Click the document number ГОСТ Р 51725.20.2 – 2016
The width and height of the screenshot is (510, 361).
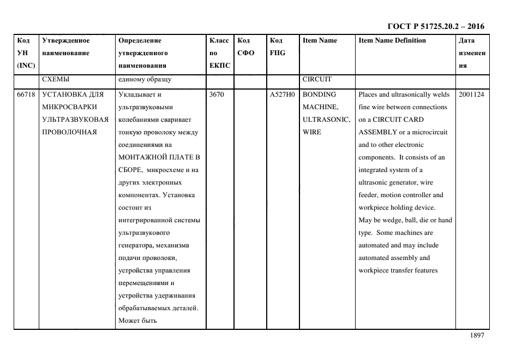click(435, 26)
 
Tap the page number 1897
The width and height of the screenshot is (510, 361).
click(477, 336)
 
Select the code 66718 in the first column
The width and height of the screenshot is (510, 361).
click(26, 94)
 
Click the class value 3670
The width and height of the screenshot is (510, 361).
click(217, 94)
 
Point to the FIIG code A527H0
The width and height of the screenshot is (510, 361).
click(281, 94)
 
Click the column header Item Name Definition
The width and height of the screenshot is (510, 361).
click(392, 40)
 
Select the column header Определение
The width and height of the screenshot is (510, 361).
click(140, 40)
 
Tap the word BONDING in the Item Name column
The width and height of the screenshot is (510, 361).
click(319, 94)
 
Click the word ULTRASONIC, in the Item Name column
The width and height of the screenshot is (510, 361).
click(326, 120)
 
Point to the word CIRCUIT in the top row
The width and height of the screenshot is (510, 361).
click(317, 79)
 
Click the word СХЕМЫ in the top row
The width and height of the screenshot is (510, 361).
click(56, 79)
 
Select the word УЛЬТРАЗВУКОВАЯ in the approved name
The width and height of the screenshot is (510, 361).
click(76, 120)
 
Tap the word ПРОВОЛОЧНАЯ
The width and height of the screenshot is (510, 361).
click(69, 132)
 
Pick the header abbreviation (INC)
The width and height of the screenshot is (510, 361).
click(26, 66)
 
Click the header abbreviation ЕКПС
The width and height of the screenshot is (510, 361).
click(220, 66)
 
